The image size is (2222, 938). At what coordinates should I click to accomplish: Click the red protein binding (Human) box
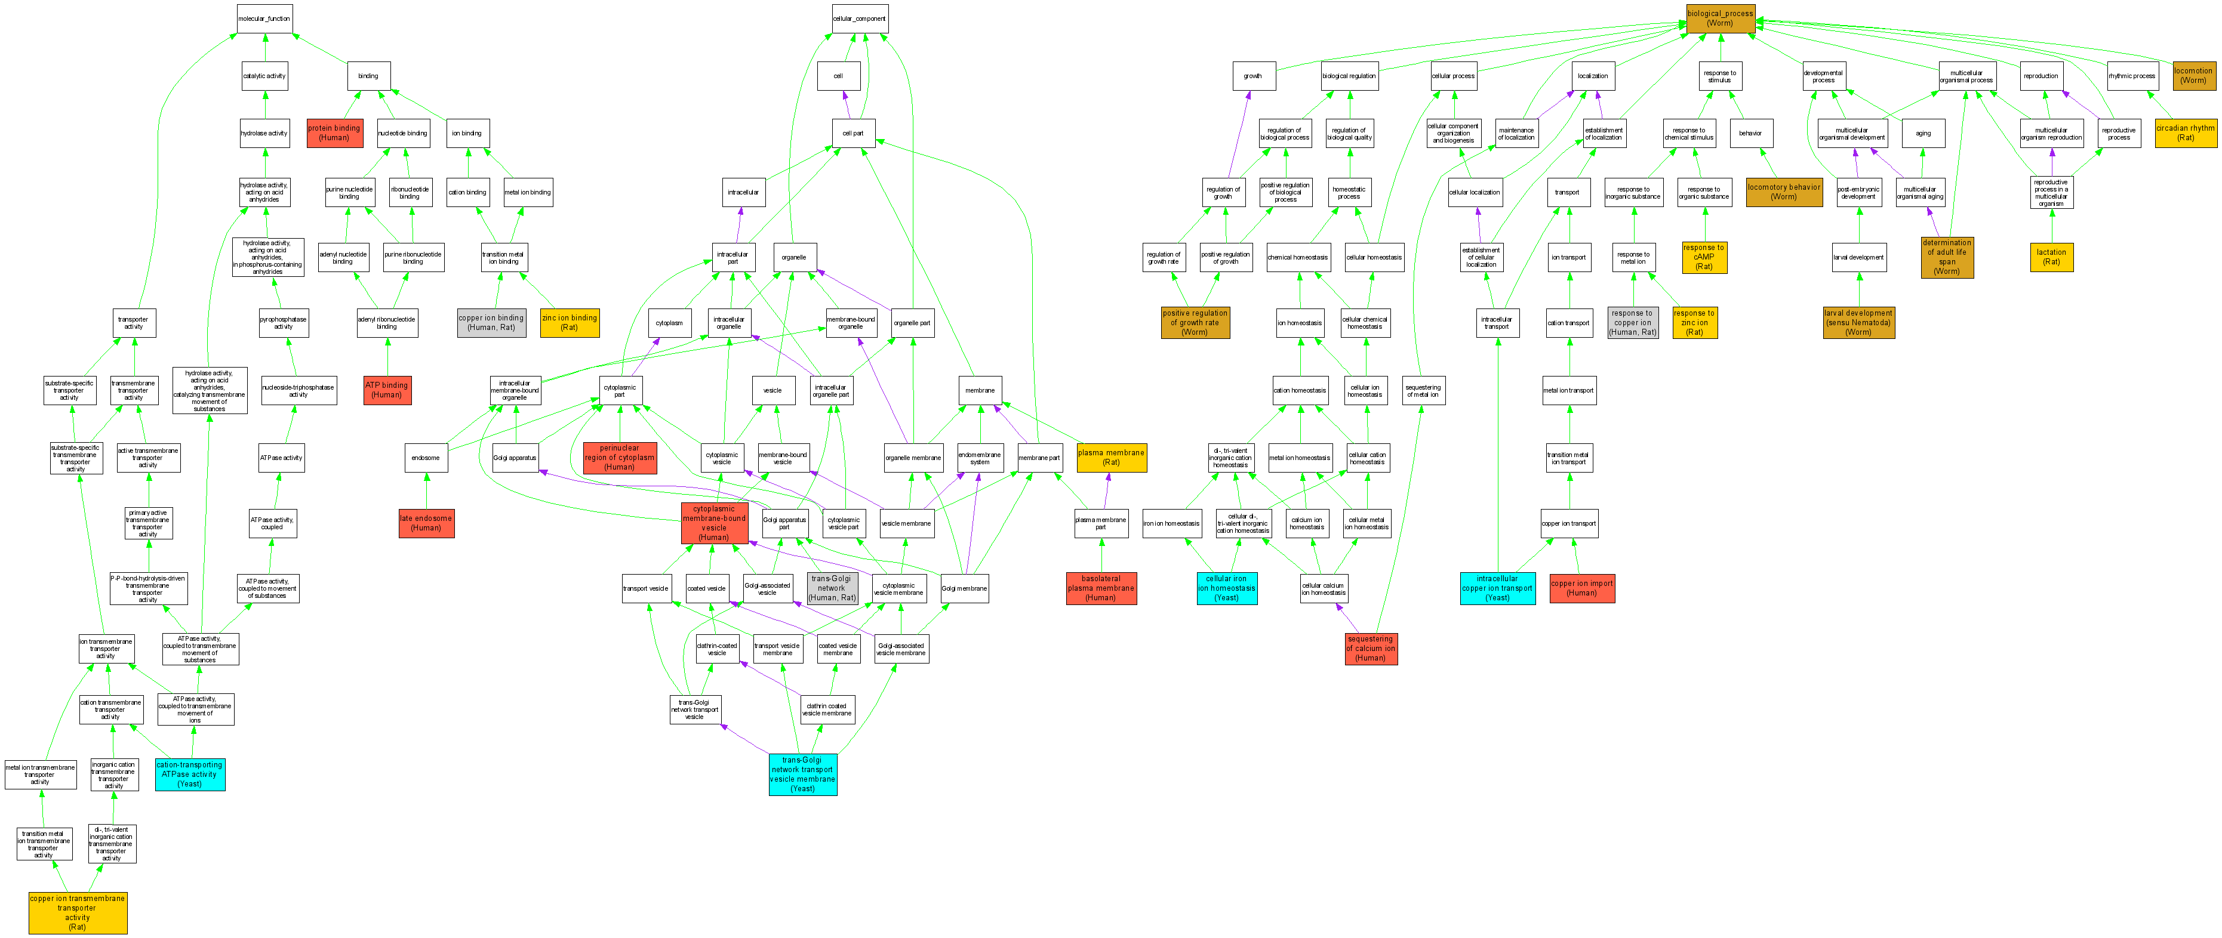pos(335,133)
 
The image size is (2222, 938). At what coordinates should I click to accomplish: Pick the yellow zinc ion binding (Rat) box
pos(570,322)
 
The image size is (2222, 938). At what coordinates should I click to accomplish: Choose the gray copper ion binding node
pos(491,322)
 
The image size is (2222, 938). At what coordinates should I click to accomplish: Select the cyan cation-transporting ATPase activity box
pos(190,774)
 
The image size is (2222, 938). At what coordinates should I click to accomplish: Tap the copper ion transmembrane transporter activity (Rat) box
pos(78,912)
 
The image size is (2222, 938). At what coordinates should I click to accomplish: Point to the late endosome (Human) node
pos(426,523)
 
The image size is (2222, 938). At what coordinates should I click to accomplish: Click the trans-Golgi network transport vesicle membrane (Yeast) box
pos(802,774)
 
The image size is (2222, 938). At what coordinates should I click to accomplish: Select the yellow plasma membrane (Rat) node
pos(1111,457)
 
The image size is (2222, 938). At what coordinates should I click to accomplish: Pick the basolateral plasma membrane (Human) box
pos(1101,588)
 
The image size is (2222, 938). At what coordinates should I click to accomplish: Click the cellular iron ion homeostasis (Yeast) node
pos(1227,588)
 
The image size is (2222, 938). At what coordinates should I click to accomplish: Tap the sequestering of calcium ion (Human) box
pos(1371,649)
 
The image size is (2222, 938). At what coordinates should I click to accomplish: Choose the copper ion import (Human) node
pos(1582,588)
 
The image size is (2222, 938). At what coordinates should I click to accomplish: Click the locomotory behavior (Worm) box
pos(1784,192)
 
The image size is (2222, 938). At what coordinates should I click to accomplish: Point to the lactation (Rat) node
pos(2051,257)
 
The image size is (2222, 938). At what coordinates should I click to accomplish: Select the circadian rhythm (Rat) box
pos(2185,133)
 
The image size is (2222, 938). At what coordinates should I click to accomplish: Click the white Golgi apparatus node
pos(515,458)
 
